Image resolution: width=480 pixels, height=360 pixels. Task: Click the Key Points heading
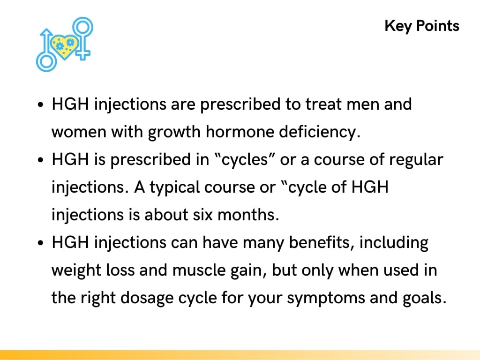(422, 25)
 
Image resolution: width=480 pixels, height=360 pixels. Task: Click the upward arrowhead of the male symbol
(46, 33)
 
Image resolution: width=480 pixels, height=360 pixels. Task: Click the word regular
(416, 160)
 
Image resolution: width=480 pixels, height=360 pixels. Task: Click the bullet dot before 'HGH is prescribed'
(41, 160)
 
